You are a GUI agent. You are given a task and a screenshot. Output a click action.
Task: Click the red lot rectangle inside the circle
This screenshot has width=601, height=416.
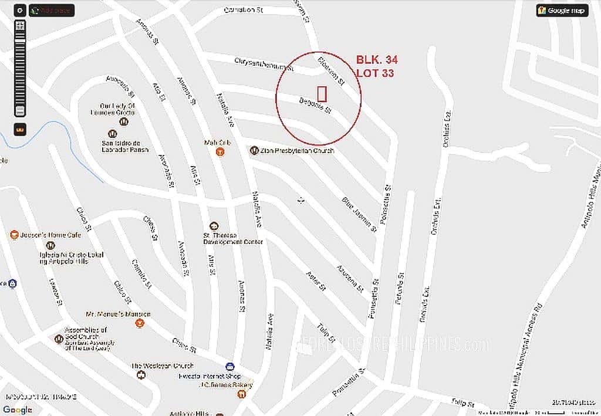[x=322, y=94]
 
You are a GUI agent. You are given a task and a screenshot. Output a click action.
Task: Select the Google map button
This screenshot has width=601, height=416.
[x=562, y=11]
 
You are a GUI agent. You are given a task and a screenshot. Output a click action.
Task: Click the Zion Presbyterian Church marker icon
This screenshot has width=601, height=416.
[x=254, y=151]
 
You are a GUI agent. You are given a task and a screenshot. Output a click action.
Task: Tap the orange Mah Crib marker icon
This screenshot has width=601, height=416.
[x=220, y=152]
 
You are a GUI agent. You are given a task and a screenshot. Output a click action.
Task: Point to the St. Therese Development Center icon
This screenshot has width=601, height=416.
[x=214, y=226]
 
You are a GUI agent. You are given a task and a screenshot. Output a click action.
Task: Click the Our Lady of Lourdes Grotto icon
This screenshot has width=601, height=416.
[x=123, y=121]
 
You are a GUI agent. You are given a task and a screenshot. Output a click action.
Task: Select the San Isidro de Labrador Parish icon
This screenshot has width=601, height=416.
[x=113, y=134]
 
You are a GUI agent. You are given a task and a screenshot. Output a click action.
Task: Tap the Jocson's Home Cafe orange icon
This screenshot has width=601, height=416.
[x=15, y=235]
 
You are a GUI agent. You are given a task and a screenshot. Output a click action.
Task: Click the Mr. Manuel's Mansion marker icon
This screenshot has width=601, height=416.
[x=140, y=323]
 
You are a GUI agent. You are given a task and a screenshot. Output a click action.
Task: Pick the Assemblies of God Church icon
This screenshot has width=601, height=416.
[x=59, y=339]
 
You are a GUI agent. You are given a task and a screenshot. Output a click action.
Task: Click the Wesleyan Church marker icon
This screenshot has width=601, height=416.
[x=141, y=375]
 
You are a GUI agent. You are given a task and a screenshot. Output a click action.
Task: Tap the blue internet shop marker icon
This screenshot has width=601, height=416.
[x=229, y=367]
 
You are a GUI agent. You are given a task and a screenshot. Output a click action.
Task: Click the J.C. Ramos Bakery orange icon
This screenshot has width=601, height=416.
[x=241, y=394]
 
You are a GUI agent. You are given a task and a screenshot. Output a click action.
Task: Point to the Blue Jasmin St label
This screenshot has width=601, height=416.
[x=359, y=214]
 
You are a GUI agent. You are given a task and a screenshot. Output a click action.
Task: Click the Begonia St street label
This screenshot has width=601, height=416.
[x=316, y=105]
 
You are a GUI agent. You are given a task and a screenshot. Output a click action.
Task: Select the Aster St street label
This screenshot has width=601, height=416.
[x=315, y=281]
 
